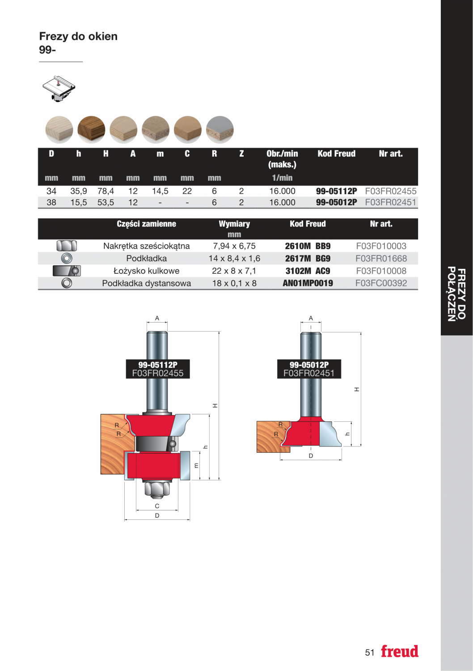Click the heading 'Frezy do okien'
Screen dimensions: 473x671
click(78, 37)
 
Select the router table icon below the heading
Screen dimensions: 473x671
click(59, 89)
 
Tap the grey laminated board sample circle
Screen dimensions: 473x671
click(220, 130)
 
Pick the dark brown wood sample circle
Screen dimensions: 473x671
click(91, 130)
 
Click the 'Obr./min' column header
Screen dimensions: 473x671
click(282, 154)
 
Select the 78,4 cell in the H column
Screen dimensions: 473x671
click(106, 191)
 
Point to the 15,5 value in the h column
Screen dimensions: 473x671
click(79, 203)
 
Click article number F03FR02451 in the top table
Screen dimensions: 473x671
click(391, 203)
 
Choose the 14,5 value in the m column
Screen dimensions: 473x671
click(160, 191)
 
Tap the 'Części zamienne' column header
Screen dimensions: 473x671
click(146, 224)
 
